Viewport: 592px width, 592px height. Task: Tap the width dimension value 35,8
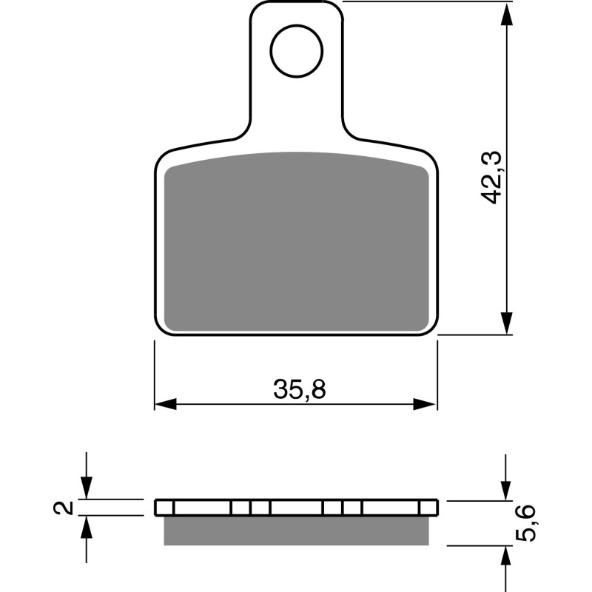click(299, 390)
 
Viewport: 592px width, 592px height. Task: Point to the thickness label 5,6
click(528, 525)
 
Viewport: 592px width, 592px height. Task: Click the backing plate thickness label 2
click(66, 508)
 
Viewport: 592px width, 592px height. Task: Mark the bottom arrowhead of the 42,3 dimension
click(507, 323)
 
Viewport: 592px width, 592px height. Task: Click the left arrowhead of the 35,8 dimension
click(166, 404)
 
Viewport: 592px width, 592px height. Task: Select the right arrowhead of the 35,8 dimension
click(425, 404)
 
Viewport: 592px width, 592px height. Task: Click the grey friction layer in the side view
click(296, 530)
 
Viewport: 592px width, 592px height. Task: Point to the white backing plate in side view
click(296, 508)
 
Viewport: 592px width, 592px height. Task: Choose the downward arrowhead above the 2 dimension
click(87, 487)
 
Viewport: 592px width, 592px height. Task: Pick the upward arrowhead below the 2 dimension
click(87, 527)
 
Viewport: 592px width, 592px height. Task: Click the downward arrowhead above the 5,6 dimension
click(507, 488)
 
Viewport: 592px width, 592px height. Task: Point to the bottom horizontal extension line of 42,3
click(474, 335)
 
